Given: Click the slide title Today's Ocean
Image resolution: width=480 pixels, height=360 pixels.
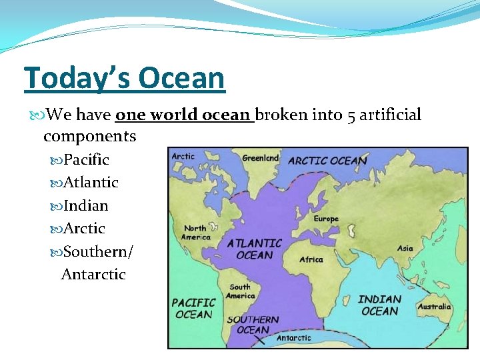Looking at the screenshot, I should tap(125, 78).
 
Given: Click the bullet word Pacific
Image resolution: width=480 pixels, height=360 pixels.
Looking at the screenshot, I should tap(86, 160).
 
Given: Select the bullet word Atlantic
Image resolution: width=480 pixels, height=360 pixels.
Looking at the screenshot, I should tap(91, 183).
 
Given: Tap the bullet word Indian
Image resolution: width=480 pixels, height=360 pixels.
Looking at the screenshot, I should tap(85, 205).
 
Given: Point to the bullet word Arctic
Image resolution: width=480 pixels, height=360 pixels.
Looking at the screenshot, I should tap(84, 229).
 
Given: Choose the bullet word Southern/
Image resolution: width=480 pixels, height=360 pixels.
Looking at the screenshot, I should tap(98, 251).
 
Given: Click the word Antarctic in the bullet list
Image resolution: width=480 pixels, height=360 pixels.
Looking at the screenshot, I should tap(93, 274).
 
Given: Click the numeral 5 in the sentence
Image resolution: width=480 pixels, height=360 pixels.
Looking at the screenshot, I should tap(351, 115).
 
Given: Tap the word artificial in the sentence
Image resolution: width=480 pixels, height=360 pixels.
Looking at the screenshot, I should tap(391, 115).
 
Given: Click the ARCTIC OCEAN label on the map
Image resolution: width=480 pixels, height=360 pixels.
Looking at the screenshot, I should tap(327, 160).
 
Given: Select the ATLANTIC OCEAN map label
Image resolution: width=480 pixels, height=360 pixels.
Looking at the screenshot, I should tap(255, 249).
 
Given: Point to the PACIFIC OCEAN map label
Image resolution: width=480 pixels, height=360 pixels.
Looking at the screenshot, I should tap(194, 309).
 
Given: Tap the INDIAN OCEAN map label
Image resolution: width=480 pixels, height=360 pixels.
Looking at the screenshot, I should tap(379, 305).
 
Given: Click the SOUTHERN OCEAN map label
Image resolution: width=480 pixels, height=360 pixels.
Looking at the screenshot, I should tap(253, 325).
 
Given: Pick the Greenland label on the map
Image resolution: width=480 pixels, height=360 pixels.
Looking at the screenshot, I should tap(261, 158).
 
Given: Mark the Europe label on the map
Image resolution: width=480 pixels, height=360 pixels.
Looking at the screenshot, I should tap(326, 219).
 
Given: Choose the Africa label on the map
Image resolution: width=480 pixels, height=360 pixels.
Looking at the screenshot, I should tap(311, 259).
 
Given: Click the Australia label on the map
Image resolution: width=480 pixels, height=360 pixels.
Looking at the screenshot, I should tap(434, 307).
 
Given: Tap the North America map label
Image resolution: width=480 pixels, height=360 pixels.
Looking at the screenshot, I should tap(197, 233).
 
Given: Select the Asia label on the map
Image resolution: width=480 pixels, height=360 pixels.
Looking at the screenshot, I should tap(405, 248).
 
